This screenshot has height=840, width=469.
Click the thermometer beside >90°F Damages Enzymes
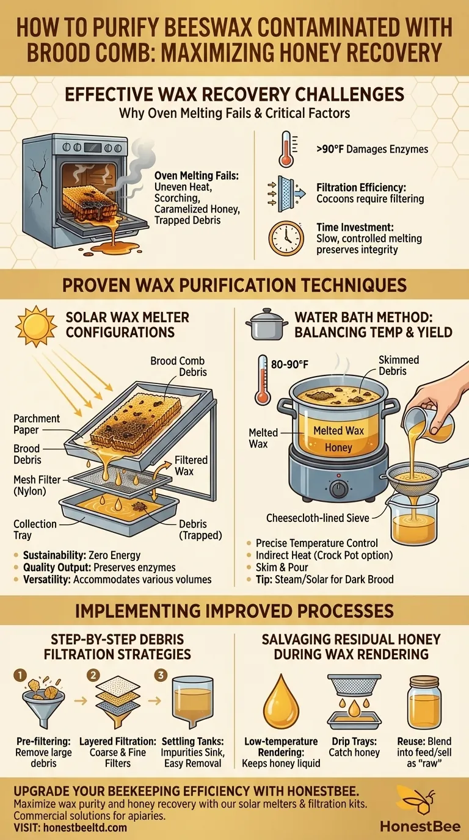(x=286, y=148)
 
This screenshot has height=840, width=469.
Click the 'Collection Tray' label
(x=35, y=529)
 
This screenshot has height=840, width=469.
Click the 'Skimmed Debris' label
(x=398, y=365)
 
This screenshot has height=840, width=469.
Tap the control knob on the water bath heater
(x=338, y=488)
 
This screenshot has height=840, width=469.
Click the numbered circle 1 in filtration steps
(x=20, y=676)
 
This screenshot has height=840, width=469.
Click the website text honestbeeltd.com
(x=88, y=828)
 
